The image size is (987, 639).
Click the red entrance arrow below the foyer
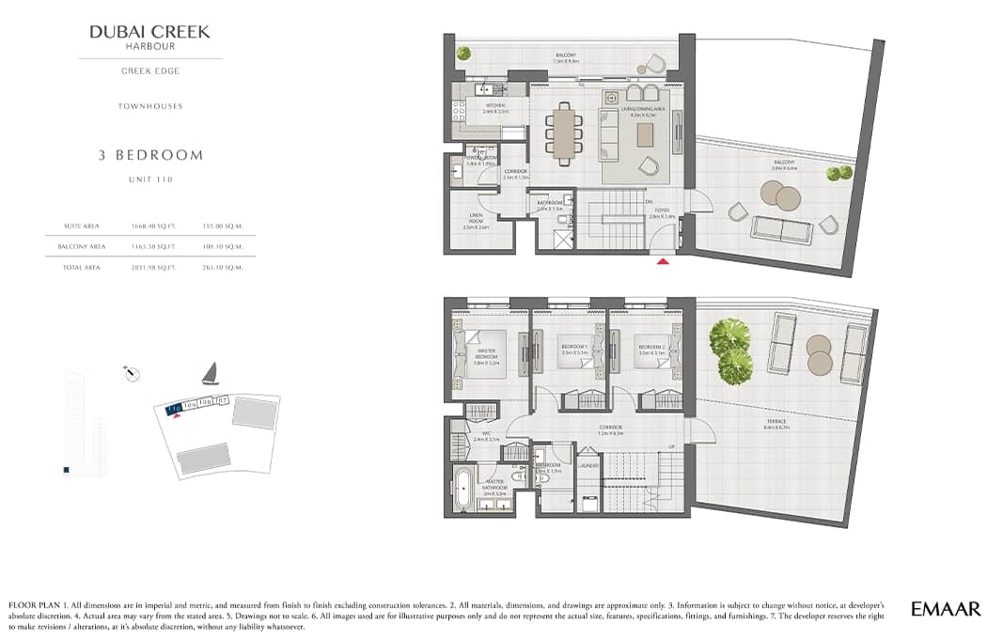point(664,262)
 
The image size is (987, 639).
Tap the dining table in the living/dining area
point(564,132)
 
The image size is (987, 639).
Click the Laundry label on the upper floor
point(588,465)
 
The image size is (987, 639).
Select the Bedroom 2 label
point(652,348)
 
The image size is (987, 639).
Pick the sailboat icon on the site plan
point(211,374)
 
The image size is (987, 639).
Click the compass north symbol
point(133,375)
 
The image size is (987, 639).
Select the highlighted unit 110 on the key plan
point(173,409)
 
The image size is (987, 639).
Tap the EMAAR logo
point(946,609)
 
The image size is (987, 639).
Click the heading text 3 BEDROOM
point(150,155)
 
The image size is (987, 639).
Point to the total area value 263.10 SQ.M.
point(223,268)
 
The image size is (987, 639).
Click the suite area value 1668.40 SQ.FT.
point(150,226)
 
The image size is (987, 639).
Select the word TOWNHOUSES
point(150,106)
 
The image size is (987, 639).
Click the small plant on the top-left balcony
point(463,55)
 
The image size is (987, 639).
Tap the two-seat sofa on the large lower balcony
point(782,229)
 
